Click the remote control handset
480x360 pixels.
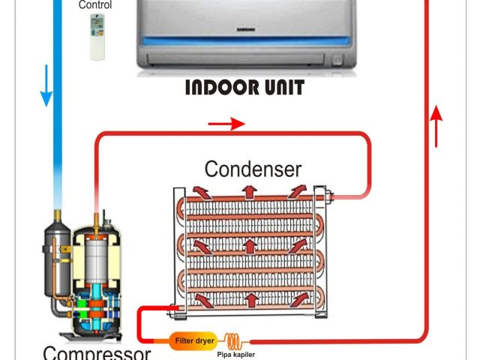98,37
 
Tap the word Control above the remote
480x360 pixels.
96,5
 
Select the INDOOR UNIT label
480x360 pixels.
245,88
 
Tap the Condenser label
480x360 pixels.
253,167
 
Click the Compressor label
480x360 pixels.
96,351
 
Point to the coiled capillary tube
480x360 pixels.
234,340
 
